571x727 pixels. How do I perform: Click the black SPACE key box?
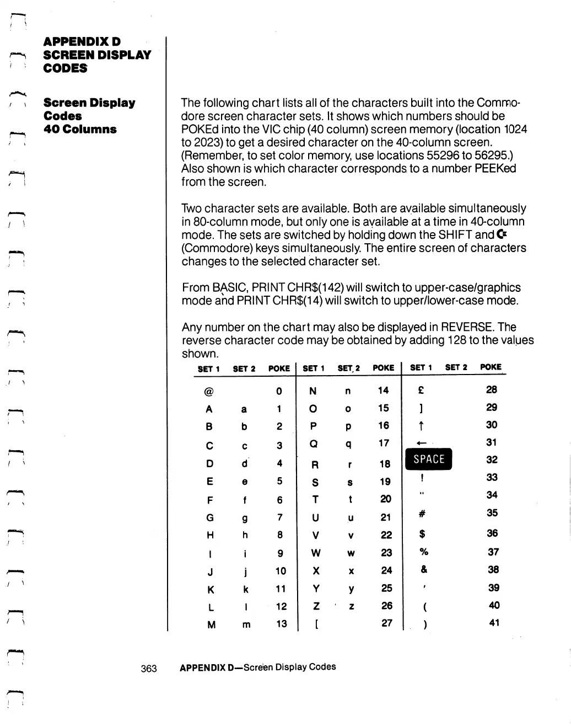(x=428, y=459)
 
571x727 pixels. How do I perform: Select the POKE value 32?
(x=492, y=459)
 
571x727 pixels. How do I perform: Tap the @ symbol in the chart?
(x=208, y=392)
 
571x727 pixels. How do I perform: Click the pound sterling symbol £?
(x=421, y=390)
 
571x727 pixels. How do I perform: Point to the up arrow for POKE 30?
(x=421, y=425)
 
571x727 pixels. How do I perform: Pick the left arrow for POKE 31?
(x=423, y=442)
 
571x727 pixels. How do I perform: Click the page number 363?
(x=149, y=669)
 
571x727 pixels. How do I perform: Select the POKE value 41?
(x=494, y=623)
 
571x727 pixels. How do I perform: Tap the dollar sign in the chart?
(x=422, y=534)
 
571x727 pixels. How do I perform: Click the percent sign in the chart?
(x=423, y=552)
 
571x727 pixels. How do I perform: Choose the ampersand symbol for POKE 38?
(x=423, y=570)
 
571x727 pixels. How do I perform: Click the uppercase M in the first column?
(x=211, y=625)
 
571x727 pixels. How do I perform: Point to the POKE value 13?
(x=282, y=624)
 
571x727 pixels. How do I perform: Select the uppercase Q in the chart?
(x=314, y=444)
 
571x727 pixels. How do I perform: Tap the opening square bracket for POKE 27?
(x=316, y=624)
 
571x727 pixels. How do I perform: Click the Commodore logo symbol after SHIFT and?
(x=502, y=235)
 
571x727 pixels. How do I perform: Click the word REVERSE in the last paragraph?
(x=467, y=327)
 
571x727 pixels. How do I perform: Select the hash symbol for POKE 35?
(x=422, y=514)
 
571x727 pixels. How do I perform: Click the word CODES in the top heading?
(x=65, y=68)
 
